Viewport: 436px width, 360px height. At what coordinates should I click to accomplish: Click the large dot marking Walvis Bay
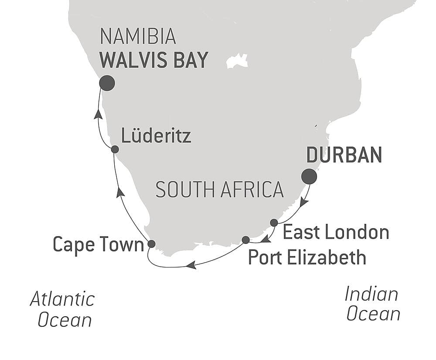[x=107, y=83]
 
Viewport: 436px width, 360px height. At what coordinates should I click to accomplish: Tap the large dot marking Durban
[x=309, y=176]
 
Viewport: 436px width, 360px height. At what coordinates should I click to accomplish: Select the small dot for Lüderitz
[x=115, y=149]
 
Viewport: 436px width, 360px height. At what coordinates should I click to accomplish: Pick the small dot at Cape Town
[x=151, y=243]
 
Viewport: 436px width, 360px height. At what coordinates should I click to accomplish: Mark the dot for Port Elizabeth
[x=245, y=240]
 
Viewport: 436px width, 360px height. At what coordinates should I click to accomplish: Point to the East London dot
[x=274, y=223]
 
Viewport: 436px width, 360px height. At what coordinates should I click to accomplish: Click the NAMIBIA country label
[x=138, y=38]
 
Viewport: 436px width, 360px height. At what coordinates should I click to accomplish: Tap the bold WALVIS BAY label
[x=154, y=60]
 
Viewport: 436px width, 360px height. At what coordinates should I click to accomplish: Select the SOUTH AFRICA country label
[x=219, y=190]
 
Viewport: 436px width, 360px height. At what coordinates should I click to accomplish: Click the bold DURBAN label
[x=344, y=155]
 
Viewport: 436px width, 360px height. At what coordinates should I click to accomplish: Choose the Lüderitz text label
[x=156, y=137]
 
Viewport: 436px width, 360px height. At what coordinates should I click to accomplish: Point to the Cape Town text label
[x=98, y=245]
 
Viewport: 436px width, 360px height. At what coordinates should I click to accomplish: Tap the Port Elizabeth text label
[x=307, y=257]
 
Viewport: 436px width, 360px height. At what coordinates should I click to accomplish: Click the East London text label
[x=336, y=232]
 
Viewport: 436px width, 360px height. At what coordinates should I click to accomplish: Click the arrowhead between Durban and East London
[x=304, y=202]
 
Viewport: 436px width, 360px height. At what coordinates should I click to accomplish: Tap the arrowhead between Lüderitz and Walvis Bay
[x=99, y=114]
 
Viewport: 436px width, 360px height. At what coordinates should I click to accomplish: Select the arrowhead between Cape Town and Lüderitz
[x=121, y=192]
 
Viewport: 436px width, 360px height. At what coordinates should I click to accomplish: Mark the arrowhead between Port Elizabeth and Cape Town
[x=191, y=265]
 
